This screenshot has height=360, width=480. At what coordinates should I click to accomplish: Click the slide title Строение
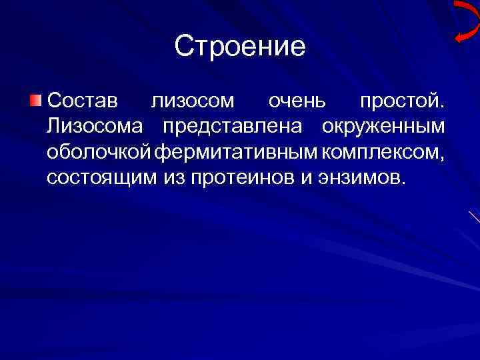240,47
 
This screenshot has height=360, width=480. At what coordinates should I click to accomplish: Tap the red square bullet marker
35,101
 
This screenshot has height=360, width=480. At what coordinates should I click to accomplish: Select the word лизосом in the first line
193,101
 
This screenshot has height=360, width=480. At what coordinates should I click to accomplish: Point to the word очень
297,101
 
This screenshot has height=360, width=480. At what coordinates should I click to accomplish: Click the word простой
401,101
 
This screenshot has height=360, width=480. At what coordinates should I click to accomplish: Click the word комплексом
381,152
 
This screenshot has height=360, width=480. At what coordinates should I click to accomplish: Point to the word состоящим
103,177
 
